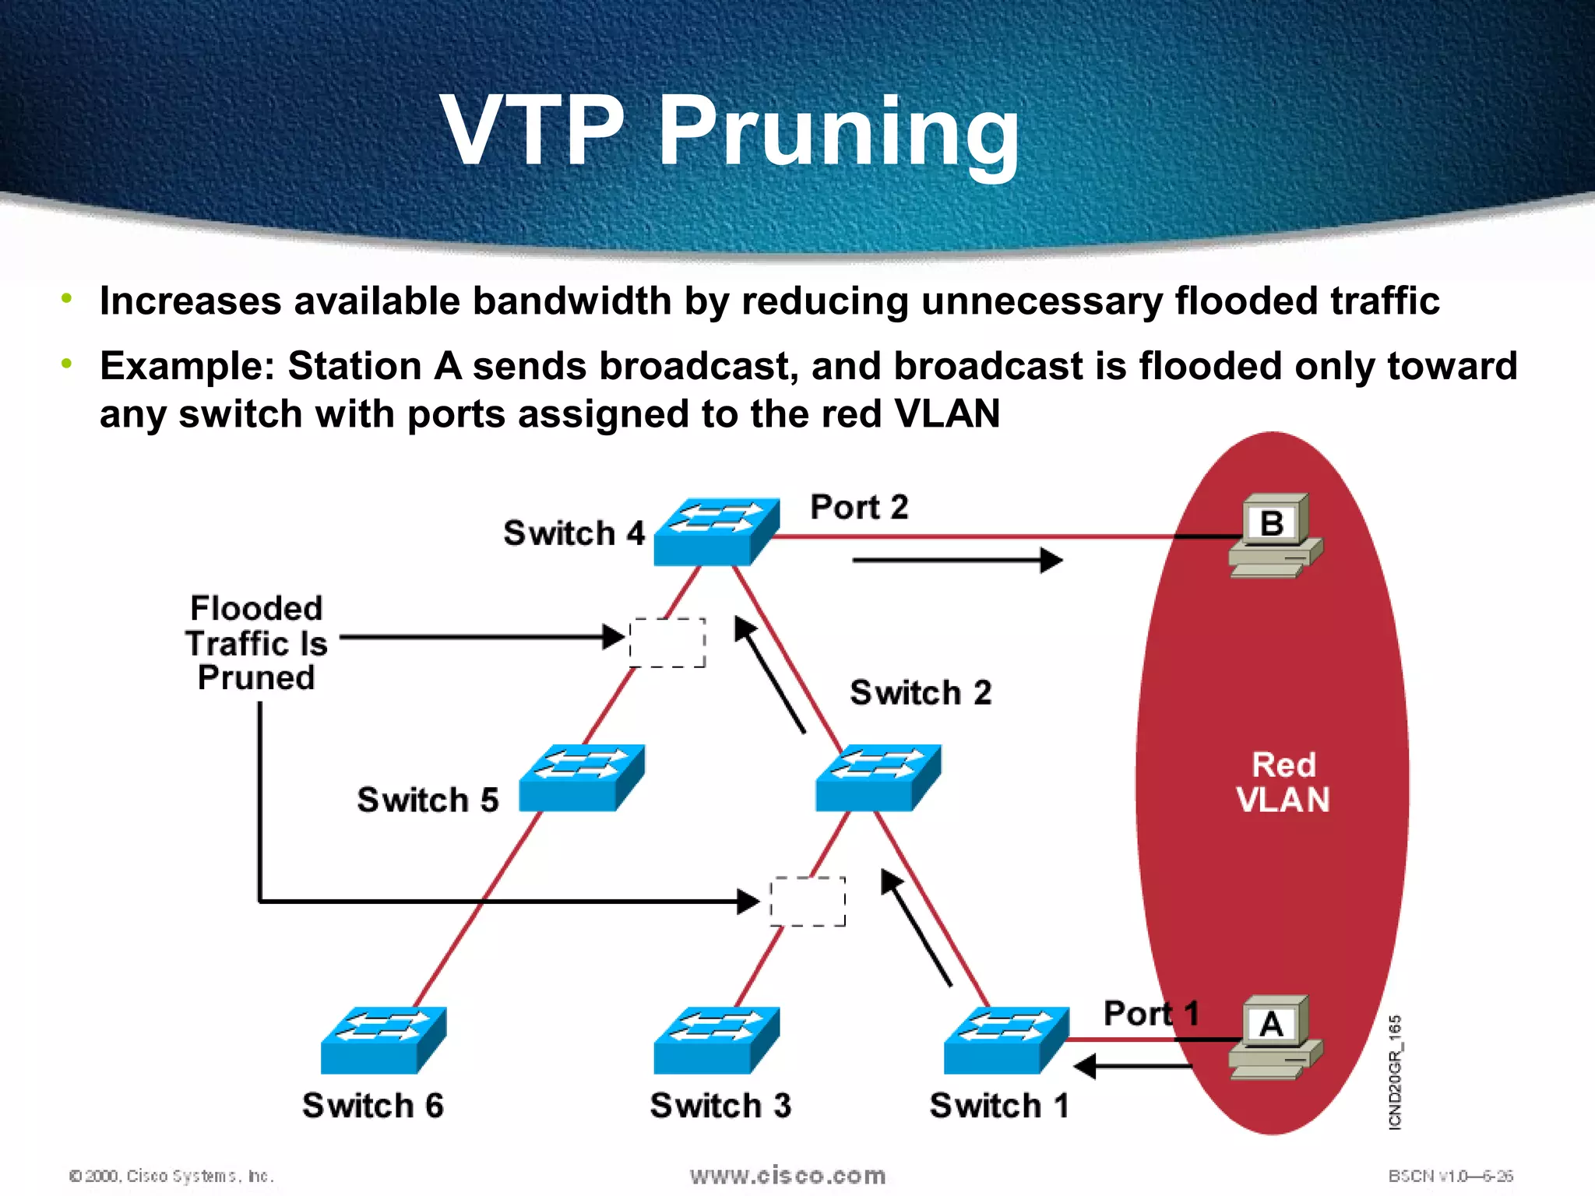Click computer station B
1274,536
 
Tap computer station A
1274,1037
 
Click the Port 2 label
859,507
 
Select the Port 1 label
1150,1013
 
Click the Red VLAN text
1283,782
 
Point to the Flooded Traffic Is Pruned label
255,642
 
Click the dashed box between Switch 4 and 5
667,642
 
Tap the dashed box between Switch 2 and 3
808,902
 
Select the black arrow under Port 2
957,560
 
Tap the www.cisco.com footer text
787,1175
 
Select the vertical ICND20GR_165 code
1395,1071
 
